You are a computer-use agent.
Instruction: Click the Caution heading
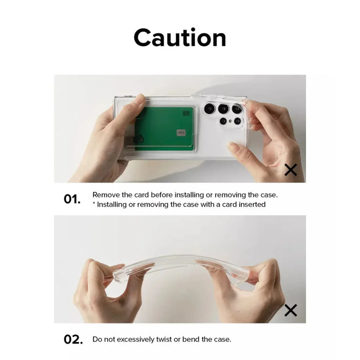point(180,38)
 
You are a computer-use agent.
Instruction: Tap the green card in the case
point(164,129)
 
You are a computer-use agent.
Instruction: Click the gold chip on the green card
point(181,133)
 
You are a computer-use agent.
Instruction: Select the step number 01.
point(72,200)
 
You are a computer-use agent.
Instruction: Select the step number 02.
point(73,339)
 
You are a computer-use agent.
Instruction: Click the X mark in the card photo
point(291,170)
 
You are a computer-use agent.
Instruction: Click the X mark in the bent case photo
point(291,310)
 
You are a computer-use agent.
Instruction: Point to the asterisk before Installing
point(94,203)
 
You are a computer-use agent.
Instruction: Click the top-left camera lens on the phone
point(209,109)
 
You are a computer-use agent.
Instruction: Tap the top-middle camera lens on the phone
point(223,109)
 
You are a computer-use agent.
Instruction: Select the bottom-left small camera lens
point(223,121)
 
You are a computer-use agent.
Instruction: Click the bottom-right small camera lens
point(238,121)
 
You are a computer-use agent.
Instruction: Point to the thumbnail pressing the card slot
point(139,99)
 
